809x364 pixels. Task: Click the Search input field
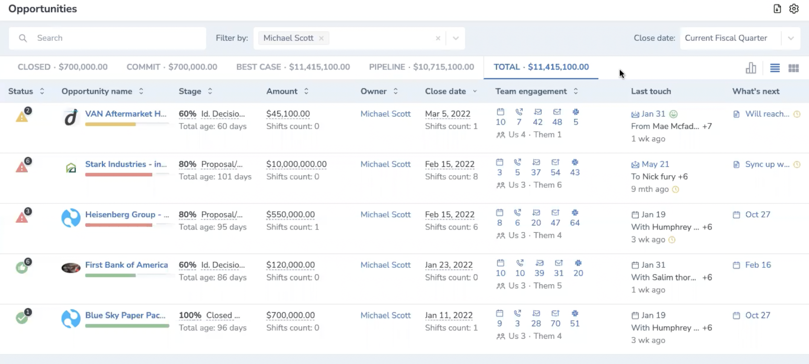click(107, 38)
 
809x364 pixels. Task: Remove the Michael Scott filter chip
click(321, 38)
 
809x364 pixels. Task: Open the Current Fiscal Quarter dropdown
click(740, 38)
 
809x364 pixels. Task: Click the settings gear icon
click(794, 9)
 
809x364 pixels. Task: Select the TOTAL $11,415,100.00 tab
click(541, 67)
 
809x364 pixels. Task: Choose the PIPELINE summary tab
click(422, 67)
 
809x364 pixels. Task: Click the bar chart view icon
click(751, 68)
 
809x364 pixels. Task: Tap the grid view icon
click(793, 68)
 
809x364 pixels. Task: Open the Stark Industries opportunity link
click(126, 164)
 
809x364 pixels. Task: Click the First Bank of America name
click(126, 265)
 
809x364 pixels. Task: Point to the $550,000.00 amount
click(290, 215)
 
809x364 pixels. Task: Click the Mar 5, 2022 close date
click(448, 114)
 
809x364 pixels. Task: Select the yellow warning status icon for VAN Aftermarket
click(22, 117)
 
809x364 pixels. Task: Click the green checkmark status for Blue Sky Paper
click(22, 318)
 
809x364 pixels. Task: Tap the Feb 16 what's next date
click(758, 265)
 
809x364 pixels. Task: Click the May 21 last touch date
click(655, 164)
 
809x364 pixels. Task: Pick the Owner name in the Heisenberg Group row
click(385, 215)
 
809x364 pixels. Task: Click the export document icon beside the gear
click(777, 9)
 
